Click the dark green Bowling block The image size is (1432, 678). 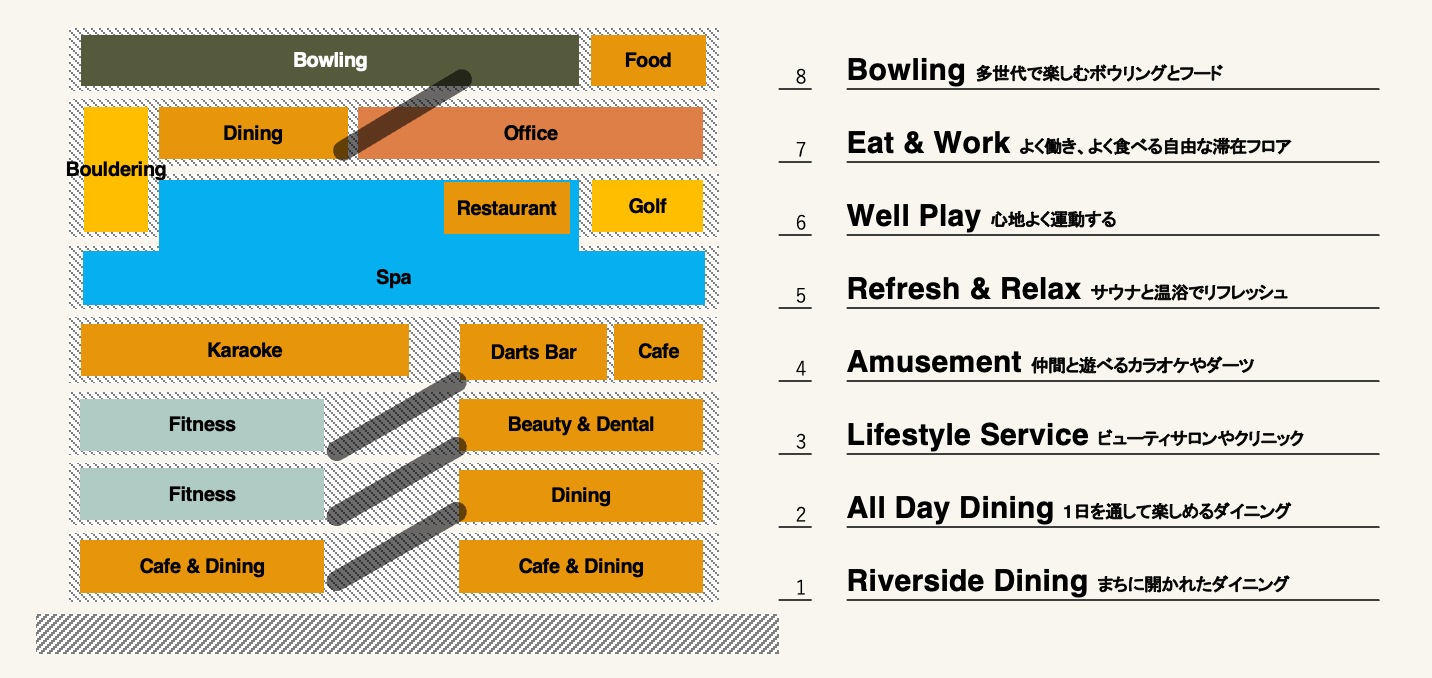pyautogui.click(x=330, y=60)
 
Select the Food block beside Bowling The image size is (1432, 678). pyautogui.click(x=648, y=60)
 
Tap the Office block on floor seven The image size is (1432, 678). pyautogui.click(x=530, y=133)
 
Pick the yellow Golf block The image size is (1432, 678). pyautogui.click(x=647, y=206)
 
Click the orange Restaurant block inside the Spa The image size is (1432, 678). pyautogui.click(x=507, y=208)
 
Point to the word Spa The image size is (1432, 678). pyautogui.click(x=394, y=277)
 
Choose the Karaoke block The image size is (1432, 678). pyautogui.click(x=245, y=350)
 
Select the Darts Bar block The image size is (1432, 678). pyautogui.click(x=533, y=352)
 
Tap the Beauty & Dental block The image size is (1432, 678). pyautogui.click(x=581, y=424)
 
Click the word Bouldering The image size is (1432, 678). pyautogui.click(x=116, y=169)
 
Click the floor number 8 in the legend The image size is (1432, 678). pyautogui.click(x=800, y=77)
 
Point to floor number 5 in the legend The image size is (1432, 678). pyautogui.click(x=800, y=296)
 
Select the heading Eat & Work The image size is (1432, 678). pyautogui.click(x=928, y=143)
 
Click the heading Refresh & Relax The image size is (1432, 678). pyautogui.click(x=963, y=289)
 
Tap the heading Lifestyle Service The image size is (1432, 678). pyautogui.click(x=967, y=435)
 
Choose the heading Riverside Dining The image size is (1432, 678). pyautogui.click(x=967, y=581)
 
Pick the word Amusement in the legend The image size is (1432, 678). pyautogui.click(x=934, y=362)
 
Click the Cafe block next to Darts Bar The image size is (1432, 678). pyautogui.click(x=658, y=352)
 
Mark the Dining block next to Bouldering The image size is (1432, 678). pyautogui.click(x=253, y=133)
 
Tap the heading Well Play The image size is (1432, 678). pyautogui.click(x=914, y=216)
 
